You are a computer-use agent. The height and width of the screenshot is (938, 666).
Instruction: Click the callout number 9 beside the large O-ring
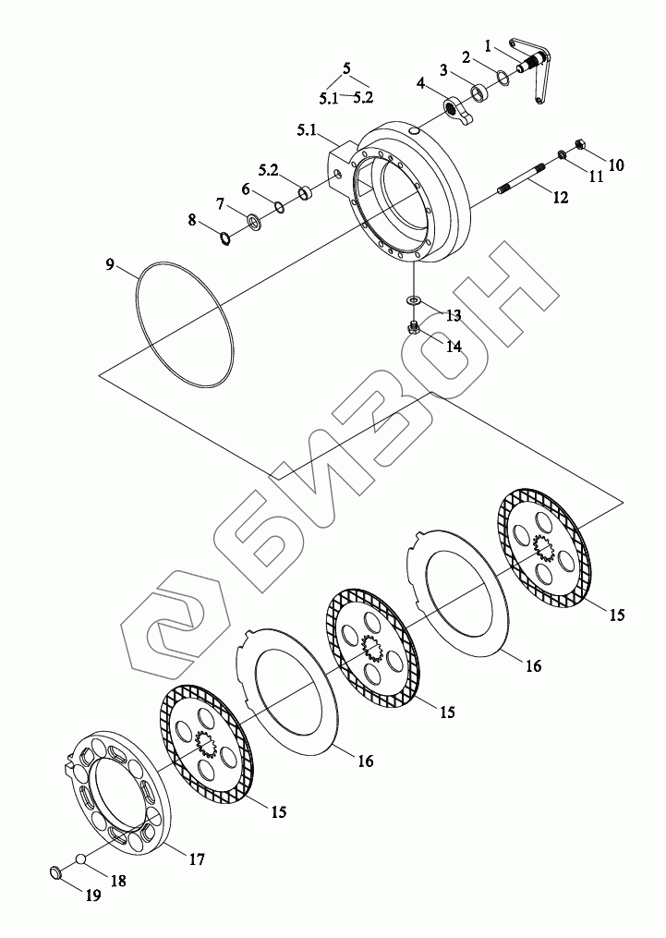click(x=110, y=265)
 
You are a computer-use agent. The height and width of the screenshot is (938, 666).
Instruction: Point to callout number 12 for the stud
click(x=561, y=195)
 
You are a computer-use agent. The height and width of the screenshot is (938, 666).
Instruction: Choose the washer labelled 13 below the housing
click(x=414, y=299)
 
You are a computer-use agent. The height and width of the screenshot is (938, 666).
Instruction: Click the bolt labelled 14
click(x=415, y=327)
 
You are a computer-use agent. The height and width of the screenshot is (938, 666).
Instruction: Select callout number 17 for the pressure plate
click(x=197, y=859)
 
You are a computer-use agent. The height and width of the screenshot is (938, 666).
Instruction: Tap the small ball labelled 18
click(x=82, y=859)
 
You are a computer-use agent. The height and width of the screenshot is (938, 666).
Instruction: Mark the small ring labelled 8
click(x=224, y=239)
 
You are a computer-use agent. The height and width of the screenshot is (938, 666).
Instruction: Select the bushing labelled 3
click(x=480, y=92)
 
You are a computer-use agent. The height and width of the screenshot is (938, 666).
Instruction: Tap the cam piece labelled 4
click(x=456, y=110)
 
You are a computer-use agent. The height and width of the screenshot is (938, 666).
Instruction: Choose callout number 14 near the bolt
click(x=454, y=347)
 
